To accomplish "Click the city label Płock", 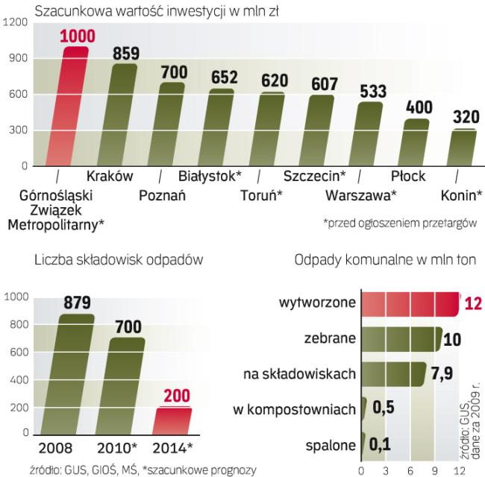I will (407, 177).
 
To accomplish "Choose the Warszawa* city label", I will (361, 197).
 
